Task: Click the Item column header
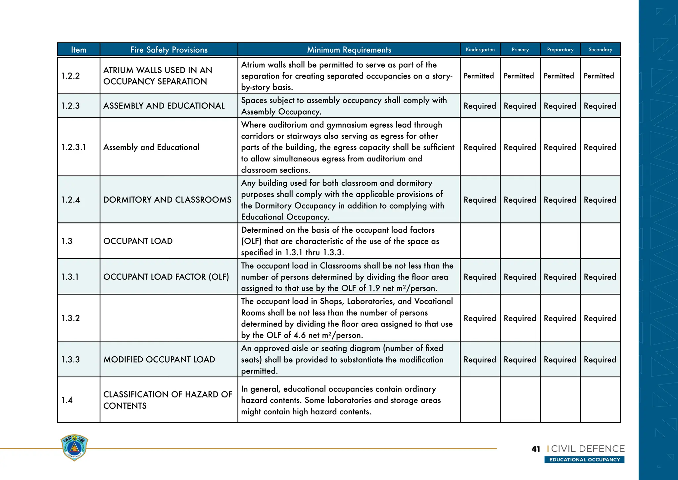78,50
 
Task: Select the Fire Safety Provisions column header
169,50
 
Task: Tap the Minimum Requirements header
349,50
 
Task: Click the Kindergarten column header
480,50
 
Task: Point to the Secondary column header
600,50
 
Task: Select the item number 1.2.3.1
73,147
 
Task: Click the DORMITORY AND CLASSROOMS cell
167,200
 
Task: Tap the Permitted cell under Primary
519,76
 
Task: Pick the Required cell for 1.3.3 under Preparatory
560,360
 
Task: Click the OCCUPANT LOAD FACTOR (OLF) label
166,277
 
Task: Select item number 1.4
67,400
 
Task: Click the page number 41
536,449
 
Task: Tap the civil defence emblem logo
74,448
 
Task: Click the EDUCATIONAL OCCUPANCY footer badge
584,460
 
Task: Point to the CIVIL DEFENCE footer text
588,449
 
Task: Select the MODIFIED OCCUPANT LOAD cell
159,360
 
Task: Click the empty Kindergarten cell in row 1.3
480,241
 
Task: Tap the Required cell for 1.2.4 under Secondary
600,200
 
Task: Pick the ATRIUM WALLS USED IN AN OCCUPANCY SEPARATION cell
158,76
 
